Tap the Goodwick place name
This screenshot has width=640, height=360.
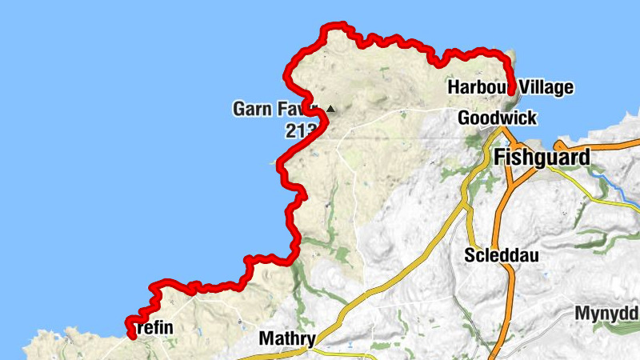click(497, 118)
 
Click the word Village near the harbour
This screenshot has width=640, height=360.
click(546, 87)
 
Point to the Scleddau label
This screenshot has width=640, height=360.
click(502, 256)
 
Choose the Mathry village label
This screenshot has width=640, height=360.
click(286, 338)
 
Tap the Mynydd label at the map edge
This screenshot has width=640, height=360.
click(606, 314)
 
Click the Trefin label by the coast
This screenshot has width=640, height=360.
click(154, 328)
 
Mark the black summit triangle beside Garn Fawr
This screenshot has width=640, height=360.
click(331, 108)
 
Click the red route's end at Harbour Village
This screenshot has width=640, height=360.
click(510, 91)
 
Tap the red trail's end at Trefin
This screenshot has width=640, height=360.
click(130, 335)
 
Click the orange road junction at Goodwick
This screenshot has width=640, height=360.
click(503, 130)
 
